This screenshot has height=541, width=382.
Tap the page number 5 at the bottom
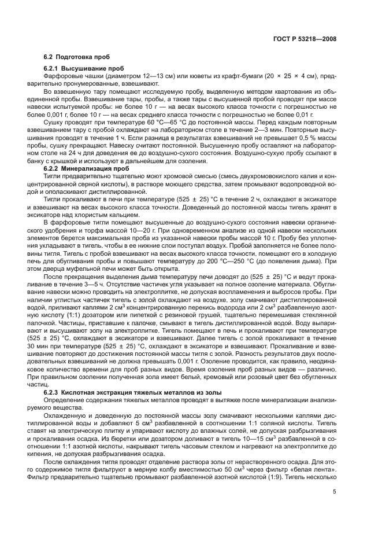335,492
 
